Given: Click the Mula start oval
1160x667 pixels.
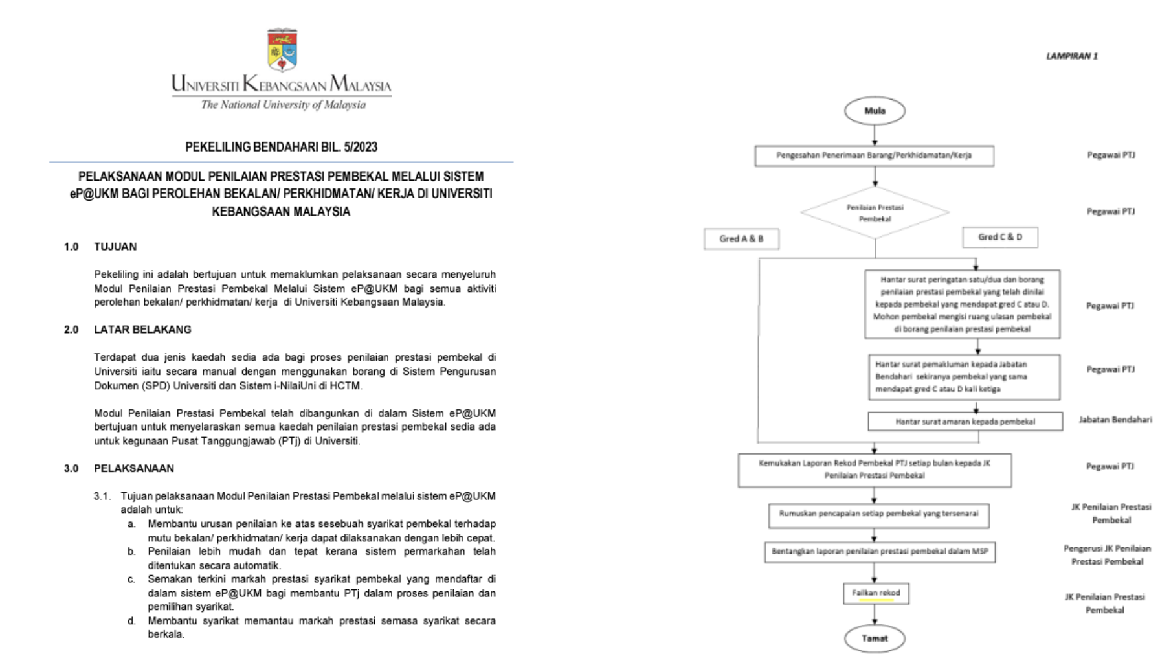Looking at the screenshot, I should coord(875,111).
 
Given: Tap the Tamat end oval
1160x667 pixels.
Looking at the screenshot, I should coord(875,639).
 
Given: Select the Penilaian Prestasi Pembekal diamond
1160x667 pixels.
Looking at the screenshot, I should coord(875,212).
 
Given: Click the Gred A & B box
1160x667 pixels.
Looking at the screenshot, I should coord(741,239).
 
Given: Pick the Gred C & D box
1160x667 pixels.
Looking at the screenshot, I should coord(1000,237).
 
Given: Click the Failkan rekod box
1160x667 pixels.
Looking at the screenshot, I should coord(876,593).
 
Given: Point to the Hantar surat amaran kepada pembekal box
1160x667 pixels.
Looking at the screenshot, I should coord(965,422).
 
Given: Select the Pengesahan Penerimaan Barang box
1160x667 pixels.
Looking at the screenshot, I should coord(874,155).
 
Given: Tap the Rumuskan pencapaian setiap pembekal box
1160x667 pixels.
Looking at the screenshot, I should coord(878,514).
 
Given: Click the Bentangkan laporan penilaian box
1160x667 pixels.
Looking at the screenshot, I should coord(880,552).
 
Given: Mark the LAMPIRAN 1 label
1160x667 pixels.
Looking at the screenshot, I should coord(1071,56).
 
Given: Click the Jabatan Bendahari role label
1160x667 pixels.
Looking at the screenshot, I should coord(1115,420).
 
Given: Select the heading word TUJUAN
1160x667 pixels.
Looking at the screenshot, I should coord(115,247).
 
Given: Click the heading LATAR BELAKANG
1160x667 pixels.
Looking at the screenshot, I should coord(142,330).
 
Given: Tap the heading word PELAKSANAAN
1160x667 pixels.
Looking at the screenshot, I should coord(134,468).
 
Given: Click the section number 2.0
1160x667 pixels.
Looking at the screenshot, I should coord(71,330).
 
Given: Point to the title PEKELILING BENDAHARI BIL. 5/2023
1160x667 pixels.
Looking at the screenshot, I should coord(281,147).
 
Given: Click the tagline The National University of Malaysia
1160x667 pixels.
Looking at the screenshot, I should coord(283,105).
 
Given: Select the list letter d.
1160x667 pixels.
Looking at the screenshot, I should coord(131,621).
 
